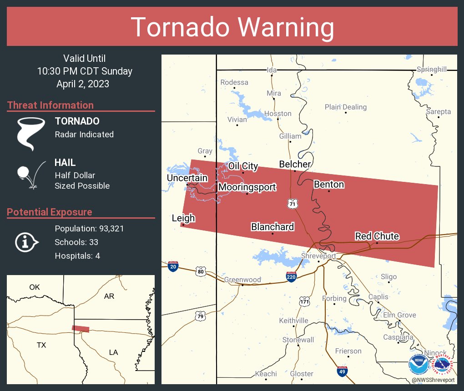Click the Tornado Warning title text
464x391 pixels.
[232, 27]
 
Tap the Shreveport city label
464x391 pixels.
[318, 256]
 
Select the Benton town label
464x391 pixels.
[329, 184]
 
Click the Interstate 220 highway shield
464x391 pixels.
[292, 276]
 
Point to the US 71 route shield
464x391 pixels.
[293, 204]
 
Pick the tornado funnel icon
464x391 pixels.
[30, 133]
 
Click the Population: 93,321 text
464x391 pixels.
[89, 228]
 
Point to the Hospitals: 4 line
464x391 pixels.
[77, 256]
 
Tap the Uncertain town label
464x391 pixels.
[187, 178]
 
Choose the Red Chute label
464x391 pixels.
[377, 236]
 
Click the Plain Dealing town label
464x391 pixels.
[345, 107]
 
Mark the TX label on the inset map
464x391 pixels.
[41, 345]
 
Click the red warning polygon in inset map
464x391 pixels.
[81, 329]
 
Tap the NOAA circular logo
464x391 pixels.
[418, 365]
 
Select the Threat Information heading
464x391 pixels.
[50, 105]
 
